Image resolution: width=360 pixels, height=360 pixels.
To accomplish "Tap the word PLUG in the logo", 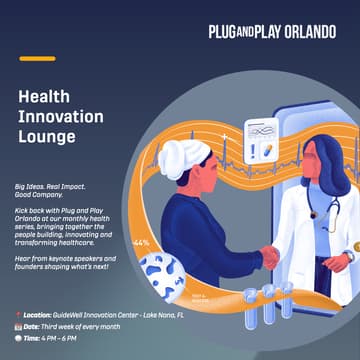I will tap(224, 32).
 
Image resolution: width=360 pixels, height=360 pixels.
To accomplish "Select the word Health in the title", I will tap(46, 97).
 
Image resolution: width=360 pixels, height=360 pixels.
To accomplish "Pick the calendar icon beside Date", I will tap(19, 327).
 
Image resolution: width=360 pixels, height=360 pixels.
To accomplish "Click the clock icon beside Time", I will tap(19, 340).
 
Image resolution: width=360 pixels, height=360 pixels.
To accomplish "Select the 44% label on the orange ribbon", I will tap(141, 243).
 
